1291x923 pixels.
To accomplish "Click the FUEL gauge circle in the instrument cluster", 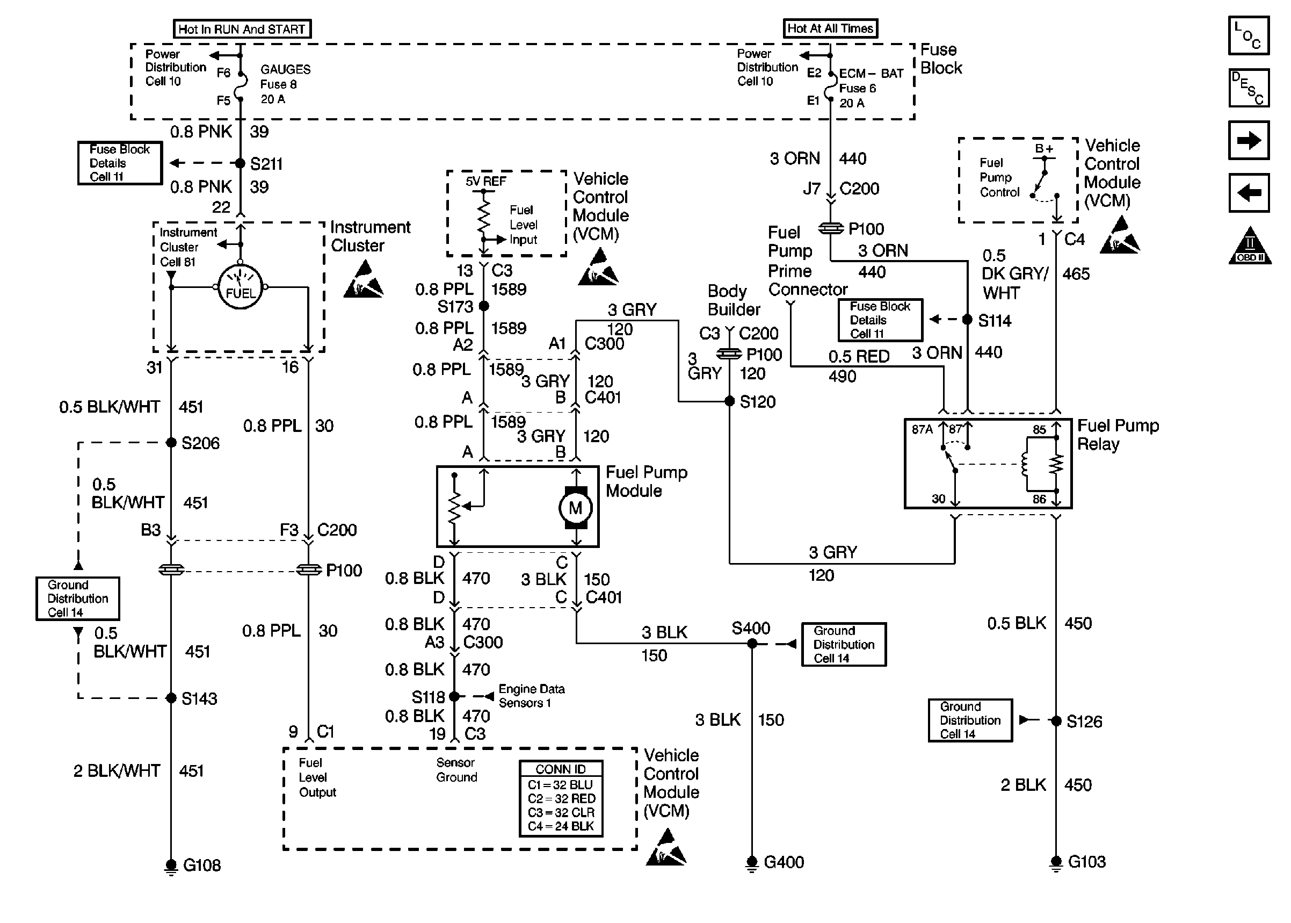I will pyautogui.click(x=240, y=287).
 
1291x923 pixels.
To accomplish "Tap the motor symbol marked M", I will pyautogui.click(x=575, y=508).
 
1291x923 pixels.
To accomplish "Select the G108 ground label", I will pyautogui.click(x=201, y=865).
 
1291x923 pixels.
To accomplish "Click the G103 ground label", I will pyautogui.click(x=1086, y=862).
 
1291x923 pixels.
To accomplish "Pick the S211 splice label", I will pyautogui.click(x=266, y=164).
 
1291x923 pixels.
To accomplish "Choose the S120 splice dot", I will pyautogui.click(x=730, y=401).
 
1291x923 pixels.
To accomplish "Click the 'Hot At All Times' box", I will pyautogui.click(x=830, y=28).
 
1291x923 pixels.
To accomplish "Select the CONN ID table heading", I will pyautogui.click(x=561, y=769).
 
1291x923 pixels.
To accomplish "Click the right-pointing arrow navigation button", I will pyautogui.click(x=1249, y=140).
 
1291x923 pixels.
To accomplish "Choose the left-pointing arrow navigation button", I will pyautogui.click(x=1249, y=193).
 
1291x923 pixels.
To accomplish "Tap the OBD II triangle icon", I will pyautogui.click(x=1250, y=246).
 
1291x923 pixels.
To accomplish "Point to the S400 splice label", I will pyautogui.click(x=750, y=628).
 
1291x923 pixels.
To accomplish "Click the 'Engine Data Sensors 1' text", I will pyautogui.click(x=531, y=696).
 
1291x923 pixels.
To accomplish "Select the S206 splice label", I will pyautogui.click(x=200, y=443).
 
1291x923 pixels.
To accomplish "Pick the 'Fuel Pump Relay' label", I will pyautogui.click(x=1117, y=434).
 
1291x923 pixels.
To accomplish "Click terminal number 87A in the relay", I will pyautogui.click(x=922, y=430).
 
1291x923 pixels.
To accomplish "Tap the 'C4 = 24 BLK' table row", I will pyautogui.click(x=561, y=826).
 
